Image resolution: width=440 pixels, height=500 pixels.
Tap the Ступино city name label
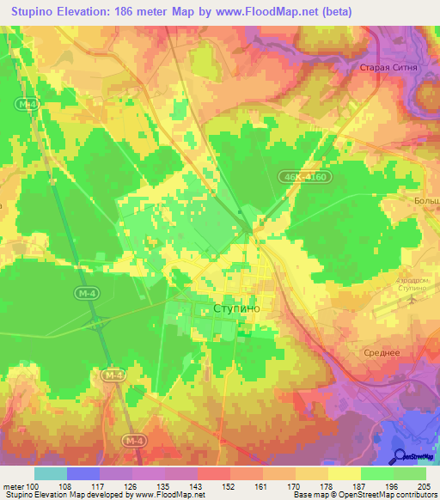[x=235, y=307]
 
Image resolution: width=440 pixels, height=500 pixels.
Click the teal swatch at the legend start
[x=50, y=473]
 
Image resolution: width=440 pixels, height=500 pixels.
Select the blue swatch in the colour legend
[x=82, y=473]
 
